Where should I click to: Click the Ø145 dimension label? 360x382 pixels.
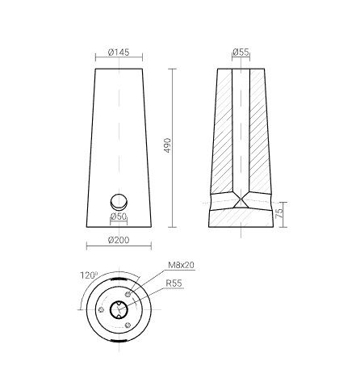point(119,52)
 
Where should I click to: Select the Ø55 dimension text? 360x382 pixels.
point(241,52)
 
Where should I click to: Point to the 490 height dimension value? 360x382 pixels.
point(167,145)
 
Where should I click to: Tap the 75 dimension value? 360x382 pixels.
point(280,213)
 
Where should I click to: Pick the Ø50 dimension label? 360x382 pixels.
point(119,216)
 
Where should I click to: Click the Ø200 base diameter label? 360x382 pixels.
point(119,240)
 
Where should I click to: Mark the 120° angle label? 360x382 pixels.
point(89,275)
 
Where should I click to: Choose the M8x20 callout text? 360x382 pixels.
point(181,265)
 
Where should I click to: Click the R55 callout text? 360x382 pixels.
point(174,283)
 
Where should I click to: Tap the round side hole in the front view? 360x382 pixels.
point(119,202)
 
